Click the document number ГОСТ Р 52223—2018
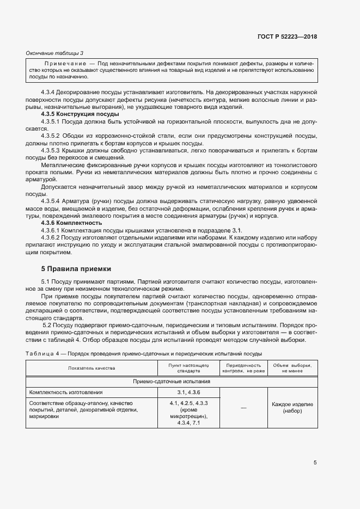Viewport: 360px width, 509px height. [287, 36]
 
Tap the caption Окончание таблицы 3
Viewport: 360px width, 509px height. [54, 53]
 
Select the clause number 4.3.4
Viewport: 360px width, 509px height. [50, 93]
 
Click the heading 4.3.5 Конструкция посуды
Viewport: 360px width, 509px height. [80, 115]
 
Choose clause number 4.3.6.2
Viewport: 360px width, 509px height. [53, 237]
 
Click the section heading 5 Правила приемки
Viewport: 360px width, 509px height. [76, 268]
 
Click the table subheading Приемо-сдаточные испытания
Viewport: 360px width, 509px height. [171, 382]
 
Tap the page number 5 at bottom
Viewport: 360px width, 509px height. [315, 463]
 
